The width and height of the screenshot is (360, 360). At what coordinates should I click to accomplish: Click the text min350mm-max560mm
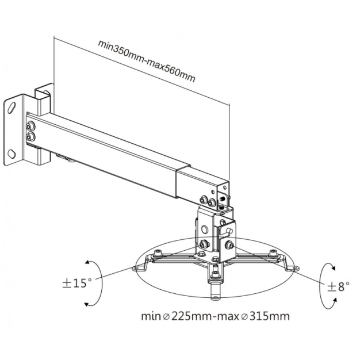pos(147,61)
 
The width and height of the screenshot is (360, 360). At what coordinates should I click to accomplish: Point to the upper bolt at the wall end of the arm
pos(30,125)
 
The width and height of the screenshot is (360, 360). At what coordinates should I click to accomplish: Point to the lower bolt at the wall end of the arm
pos(30,137)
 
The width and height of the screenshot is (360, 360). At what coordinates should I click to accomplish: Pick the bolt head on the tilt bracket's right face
pos(230,246)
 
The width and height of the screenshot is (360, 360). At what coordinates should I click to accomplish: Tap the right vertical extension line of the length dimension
pos(229,144)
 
